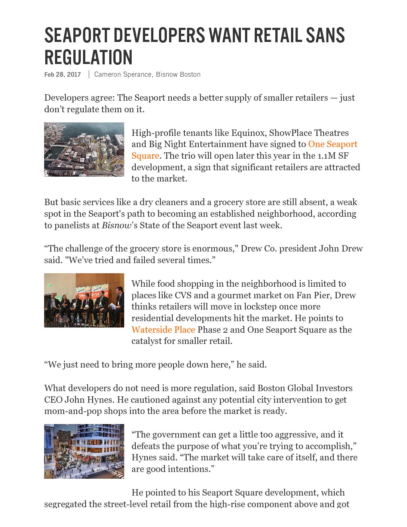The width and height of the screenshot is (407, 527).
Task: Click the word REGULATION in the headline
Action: (88, 58)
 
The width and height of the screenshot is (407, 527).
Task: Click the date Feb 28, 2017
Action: (62, 74)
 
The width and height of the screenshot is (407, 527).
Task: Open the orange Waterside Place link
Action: (163, 330)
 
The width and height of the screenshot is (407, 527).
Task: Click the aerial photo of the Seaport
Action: (84, 149)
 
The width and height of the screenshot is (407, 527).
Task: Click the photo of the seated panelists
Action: (84, 300)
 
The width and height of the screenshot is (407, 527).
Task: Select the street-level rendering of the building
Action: (84, 451)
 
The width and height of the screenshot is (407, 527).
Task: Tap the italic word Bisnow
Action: (116, 225)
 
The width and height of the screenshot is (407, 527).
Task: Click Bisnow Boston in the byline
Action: (178, 74)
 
